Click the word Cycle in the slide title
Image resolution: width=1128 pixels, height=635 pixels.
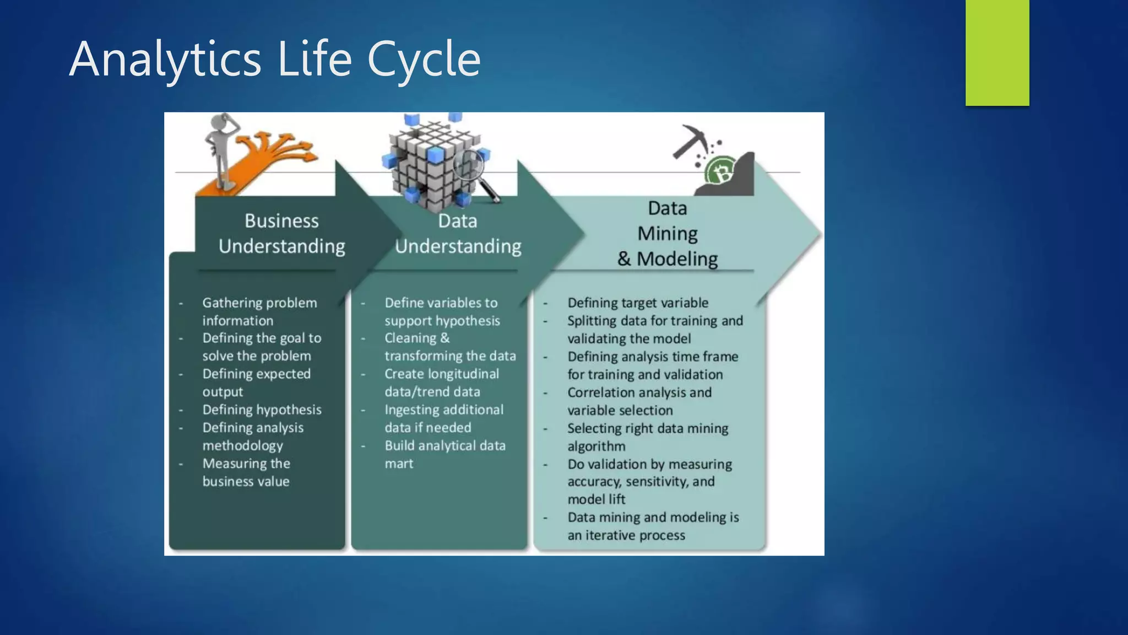point(424,60)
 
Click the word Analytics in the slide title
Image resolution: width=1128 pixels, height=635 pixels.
point(165,60)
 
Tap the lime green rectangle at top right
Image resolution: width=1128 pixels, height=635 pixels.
point(997,52)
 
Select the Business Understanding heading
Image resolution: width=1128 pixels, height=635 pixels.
point(281,234)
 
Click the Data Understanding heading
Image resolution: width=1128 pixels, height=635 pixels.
point(458,234)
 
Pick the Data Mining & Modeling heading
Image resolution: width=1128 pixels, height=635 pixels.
point(667,234)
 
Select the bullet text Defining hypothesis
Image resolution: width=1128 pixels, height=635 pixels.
point(262,410)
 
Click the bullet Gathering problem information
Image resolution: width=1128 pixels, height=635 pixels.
point(259,311)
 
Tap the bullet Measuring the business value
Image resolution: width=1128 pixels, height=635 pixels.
point(246,472)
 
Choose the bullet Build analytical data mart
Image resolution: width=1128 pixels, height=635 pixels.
point(444,454)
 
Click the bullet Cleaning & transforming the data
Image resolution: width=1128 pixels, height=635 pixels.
point(449,347)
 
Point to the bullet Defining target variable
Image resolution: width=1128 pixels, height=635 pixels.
point(638,303)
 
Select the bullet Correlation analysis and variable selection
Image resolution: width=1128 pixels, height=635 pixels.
point(639,401)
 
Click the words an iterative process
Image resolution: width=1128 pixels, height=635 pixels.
point(626,535)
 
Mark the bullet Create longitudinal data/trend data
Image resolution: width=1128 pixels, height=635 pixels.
point(441,383)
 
